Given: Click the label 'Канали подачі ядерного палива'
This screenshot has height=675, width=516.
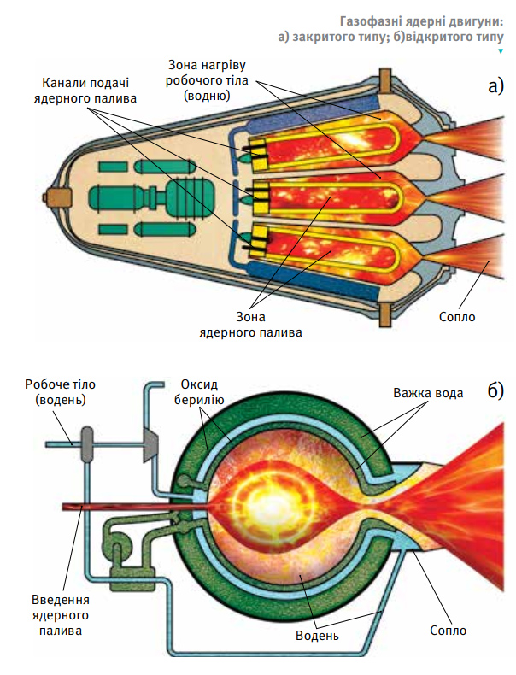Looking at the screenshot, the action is (x=85, y=91).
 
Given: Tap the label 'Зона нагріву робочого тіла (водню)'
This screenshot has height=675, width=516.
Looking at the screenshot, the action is (x=207, y=80).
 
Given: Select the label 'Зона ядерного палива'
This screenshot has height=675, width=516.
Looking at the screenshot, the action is (x=250, y=325).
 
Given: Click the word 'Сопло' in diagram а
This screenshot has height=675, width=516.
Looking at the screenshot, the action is (x=457, y=317).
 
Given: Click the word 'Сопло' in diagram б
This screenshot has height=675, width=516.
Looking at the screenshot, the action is (x=448, y=631).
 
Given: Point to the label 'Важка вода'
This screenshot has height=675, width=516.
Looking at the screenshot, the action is (x=428, y=392).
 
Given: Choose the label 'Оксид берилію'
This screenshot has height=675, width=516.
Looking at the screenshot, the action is (x=199, y=391).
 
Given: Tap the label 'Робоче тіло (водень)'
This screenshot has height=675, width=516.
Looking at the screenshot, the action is (x=61, y=391).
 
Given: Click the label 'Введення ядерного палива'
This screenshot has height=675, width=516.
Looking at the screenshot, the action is (x=61, y=615).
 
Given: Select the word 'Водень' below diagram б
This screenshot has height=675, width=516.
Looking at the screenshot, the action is (x=317, y=636).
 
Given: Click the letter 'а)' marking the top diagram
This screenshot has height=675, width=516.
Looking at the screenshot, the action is (x=495, y=86).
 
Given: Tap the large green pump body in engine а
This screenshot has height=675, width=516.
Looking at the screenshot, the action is (x=191, y=197).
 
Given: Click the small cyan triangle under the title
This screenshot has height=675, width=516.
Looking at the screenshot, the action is (x=501, y=51).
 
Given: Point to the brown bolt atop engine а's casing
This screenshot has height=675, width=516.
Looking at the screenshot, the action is (x=385, y=81).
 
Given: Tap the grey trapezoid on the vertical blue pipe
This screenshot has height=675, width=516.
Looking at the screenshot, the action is (x=150, y=445).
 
